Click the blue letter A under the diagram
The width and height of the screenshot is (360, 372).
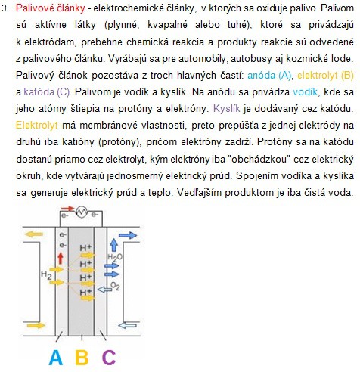click(x=55, y=356)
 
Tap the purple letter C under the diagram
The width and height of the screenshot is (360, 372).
click(x=110, y=356)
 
